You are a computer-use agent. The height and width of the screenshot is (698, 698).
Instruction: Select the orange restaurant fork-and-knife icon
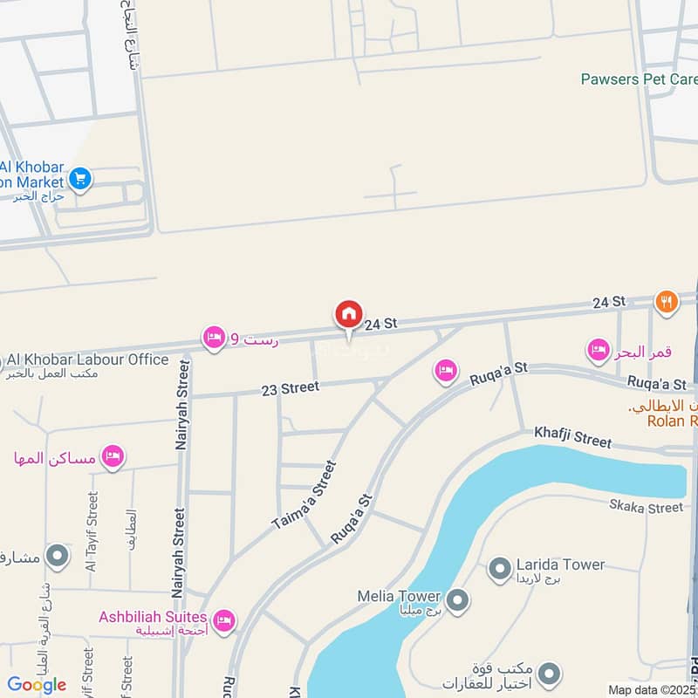click(x=666, y=302)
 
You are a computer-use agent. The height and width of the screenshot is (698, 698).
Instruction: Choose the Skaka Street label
click(x=646, y=507)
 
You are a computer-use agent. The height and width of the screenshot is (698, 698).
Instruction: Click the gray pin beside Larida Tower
click(x=499, y=568)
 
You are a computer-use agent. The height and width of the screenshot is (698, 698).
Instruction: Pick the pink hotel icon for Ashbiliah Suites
click(x=223, y=619)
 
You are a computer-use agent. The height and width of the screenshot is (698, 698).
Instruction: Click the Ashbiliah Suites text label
click(x=153, y=617)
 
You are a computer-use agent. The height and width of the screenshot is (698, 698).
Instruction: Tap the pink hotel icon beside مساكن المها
click(x=112, y=456)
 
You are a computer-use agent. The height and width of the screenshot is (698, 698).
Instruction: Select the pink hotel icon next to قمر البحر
click(x=598, y=351)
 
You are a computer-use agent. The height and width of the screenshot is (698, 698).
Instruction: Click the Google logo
click(x=37, y=685)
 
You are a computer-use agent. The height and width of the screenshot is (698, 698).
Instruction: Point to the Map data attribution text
click(x=651, y=689)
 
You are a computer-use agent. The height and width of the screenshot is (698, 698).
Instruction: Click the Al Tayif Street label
click(x=92, y=532)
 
